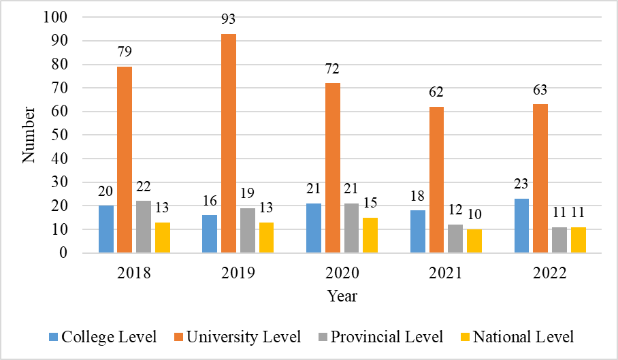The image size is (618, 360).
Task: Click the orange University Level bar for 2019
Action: (x=229, y=144)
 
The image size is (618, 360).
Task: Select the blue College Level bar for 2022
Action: (x=522, y=226)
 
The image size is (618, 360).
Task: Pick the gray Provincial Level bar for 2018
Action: (x=143, y=227)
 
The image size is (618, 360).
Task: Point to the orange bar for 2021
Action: (x=436, y=180)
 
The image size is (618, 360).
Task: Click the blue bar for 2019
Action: (x=209, y=234)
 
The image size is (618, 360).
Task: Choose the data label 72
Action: (x=332, y=69)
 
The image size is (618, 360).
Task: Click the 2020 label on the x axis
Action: (x=342, y=274)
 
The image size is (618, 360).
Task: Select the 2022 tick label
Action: (x=549, y=274)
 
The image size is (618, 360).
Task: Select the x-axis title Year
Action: (x=342, y=296)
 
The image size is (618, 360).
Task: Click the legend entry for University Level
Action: (x=238, y=337)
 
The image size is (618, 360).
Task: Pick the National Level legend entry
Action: (x=517, y=337)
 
